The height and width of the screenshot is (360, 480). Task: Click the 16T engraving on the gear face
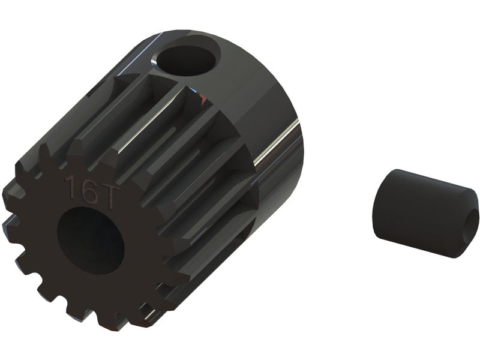(92, 192)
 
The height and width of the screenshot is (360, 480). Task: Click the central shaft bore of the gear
(91, 240)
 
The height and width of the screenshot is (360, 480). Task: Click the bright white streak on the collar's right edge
(275, 142)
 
